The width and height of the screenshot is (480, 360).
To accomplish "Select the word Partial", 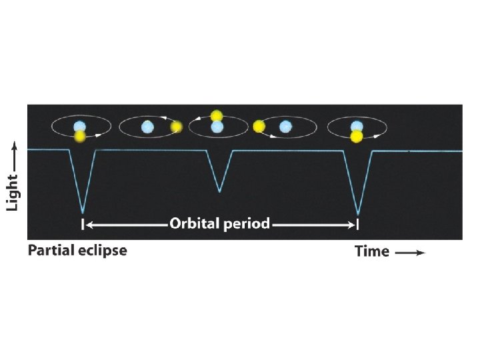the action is click(x=51, y=251).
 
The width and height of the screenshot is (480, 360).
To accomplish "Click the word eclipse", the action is click(x=102, y=251).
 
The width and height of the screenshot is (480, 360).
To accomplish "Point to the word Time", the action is click(x=371, y=251).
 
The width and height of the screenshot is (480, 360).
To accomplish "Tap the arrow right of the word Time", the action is click(x=410, y=253).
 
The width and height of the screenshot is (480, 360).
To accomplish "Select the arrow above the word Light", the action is click(x=12, y=154).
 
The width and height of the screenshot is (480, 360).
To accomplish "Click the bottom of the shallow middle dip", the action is click(x=219, y=191).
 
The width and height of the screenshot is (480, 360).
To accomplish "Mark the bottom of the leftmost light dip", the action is click(x=83, y=211).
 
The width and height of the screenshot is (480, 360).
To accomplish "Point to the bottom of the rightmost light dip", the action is click(x=358, y=213).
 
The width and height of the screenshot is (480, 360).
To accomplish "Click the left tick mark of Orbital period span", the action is click(x=83, y=225).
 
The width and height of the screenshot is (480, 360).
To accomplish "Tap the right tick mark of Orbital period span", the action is click(x=358, y=225).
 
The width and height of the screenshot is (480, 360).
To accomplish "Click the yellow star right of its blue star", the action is click(x=176, y=126).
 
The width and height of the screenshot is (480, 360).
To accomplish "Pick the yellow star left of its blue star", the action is click(x=259, y=126).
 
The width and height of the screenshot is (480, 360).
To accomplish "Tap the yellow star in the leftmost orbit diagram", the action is click(x=80, y=136).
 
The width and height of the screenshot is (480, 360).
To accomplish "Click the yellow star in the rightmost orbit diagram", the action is click(x=357, y=136).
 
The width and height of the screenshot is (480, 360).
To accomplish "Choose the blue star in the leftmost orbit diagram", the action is click(x=80, y=126).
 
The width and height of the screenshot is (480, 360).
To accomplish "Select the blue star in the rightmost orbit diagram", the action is click(x=357, y=125).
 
